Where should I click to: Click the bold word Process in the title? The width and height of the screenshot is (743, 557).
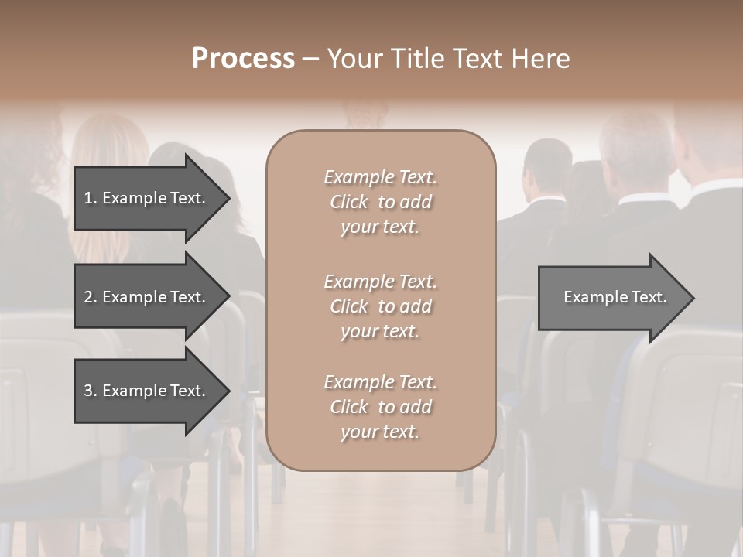click(243, 59)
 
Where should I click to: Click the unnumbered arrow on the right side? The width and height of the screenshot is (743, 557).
click(611, 298)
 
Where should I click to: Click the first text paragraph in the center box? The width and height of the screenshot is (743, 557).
click(380, 202)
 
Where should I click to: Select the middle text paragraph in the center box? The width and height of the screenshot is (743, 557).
click(380, 306)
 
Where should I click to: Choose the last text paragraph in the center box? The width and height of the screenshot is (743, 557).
click(380, 407)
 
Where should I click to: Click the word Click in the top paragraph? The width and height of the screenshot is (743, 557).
click(349, 202)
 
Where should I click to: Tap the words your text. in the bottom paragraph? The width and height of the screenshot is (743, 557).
click(380, 432)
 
